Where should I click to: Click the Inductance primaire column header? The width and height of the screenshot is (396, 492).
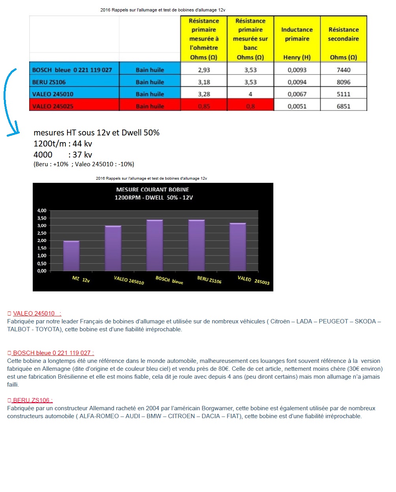click(x=297, y=39)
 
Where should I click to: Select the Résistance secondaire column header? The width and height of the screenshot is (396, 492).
click(x=344, y=39)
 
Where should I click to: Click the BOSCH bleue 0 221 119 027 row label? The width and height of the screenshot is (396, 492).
click(x=72, y=70)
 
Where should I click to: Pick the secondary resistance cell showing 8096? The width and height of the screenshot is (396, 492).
click(x=344, y=82)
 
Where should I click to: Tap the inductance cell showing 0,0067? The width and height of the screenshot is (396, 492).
click(x=297, y=94)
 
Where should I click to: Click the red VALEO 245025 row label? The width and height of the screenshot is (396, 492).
click(x=53, y=106)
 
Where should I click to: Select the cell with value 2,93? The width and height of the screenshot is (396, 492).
click(x=204, y=70)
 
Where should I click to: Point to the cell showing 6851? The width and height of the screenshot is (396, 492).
click(x=344, y=106)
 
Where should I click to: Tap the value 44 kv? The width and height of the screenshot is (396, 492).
click(x=82, y=144)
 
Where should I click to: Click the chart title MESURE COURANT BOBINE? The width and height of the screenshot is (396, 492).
click(x=153, y=190)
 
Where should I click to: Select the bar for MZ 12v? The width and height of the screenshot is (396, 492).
click(x=71, y=256)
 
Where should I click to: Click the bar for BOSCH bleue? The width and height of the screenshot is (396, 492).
click(x=155, y=245)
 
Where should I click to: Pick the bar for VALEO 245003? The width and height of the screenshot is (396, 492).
click(x=238, y=247)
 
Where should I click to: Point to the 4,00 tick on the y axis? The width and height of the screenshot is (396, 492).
click(x=42, y=210)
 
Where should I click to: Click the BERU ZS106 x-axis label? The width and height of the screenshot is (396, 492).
click(x=209, y=280)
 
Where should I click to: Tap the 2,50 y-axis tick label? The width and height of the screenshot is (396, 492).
click(x=42, y=233)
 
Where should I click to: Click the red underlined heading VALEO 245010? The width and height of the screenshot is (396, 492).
click(x=34, y=314)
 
